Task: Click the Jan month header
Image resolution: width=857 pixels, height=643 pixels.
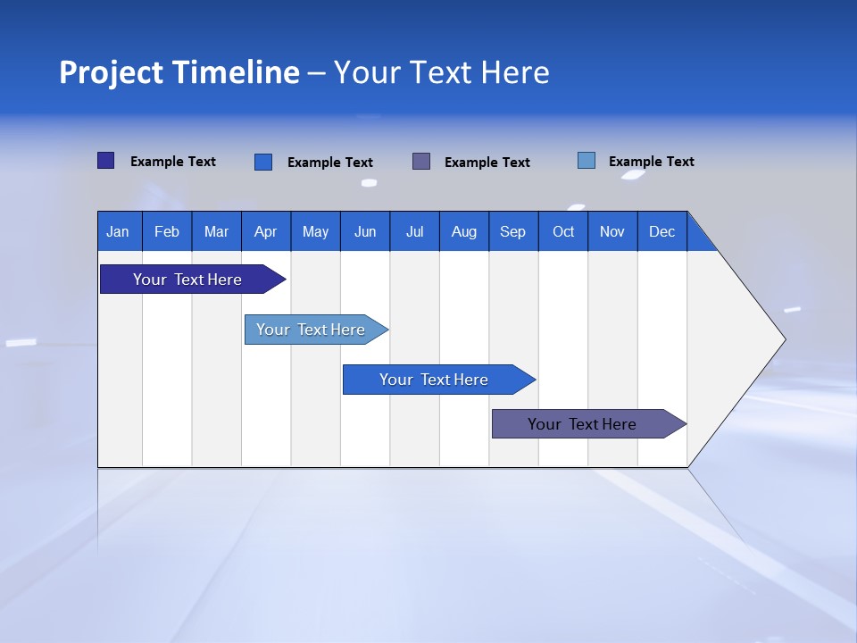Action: point(119,231)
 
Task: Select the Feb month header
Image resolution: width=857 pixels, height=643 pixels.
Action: point(167,231)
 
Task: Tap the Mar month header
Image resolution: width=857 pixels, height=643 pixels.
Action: point(216,231)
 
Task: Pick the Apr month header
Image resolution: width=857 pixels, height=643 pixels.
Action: point(266,231)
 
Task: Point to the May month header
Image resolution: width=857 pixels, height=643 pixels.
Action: point(315,231)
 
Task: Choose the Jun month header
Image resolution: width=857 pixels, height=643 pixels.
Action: point(365,231)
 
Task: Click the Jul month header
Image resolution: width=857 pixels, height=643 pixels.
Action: point(414,231)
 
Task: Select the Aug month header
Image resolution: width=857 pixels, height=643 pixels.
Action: point(464,231)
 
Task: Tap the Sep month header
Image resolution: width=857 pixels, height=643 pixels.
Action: point(513,231)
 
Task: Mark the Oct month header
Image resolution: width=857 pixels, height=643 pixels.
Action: point(563,231)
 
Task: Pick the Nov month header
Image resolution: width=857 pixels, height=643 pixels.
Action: point(612,231)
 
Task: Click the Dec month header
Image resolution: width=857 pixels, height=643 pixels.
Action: point(662,231)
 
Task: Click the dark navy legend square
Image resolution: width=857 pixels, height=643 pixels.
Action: point(106,161)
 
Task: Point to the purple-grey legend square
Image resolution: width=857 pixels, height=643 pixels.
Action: point(421,162)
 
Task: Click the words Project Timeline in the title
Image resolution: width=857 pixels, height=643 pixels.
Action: point(179,72)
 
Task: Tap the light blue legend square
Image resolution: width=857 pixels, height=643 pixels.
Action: point(587,161)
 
